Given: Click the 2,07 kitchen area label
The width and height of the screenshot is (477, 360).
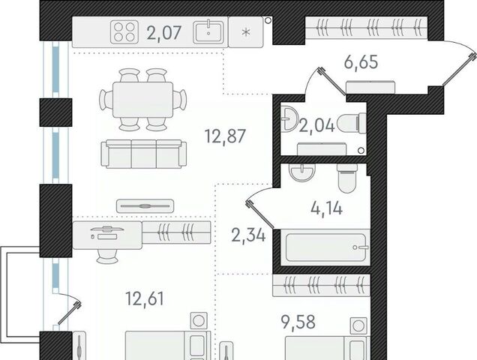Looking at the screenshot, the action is [x=164, y=33].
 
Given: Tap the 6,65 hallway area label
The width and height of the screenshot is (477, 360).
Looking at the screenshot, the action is [x=361, y=62].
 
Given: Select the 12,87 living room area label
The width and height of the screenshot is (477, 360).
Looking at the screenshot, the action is [x=225, y=136].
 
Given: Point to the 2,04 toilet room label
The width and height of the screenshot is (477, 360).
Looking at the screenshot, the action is [x=317, y=126].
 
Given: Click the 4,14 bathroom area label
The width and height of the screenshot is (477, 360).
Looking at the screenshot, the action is [x=327, y=208].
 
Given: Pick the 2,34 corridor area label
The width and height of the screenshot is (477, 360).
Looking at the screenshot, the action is [x=248, y=235].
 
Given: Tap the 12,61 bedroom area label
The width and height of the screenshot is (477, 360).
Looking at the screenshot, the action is [x=145, y=298].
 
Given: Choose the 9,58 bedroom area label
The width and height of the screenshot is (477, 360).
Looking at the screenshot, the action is [x=298, y=322].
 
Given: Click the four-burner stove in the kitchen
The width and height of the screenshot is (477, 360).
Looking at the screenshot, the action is [x=124, y=31].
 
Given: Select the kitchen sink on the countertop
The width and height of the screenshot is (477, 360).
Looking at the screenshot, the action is [x=208, y=31].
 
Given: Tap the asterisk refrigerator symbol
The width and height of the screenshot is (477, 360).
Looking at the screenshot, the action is [x=246, y=32].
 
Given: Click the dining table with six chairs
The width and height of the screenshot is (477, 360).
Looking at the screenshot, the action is [x=143, y=100].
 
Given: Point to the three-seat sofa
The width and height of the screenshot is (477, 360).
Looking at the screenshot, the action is [x=143, y=154].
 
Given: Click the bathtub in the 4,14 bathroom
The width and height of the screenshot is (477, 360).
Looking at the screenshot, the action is [x=325, y=247].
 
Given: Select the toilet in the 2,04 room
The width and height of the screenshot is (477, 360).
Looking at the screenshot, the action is [x=352, y=124].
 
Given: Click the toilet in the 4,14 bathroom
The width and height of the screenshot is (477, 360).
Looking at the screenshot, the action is [x=347, y=178].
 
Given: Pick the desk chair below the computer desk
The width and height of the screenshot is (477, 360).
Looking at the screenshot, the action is [x=107, y=256].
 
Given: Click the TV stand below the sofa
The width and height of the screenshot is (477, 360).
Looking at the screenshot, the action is [x=145, y=206].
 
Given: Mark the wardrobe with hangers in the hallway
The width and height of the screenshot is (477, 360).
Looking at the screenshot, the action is [x=366, y=28].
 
